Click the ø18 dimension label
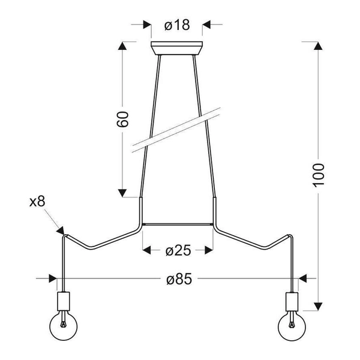tap(176, 25)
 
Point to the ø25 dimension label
tap(178, 250)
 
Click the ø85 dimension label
tap(178, 279)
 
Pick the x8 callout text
tap(37, 202)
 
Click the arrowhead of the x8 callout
tap(61, 229)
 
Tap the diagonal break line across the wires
tap(176, 128)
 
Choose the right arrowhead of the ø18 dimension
tap(206, 25)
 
